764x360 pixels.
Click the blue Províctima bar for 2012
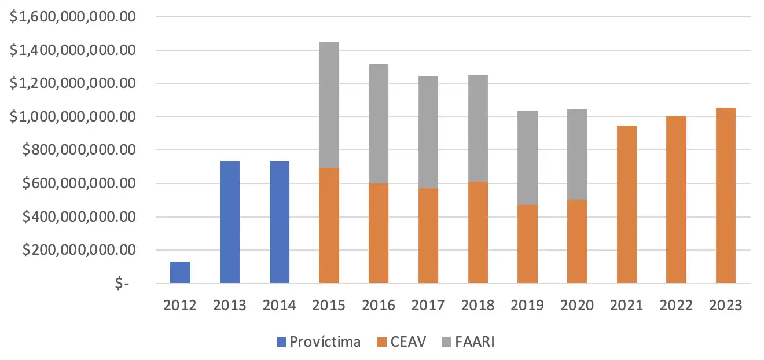pos(180,273)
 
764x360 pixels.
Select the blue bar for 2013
pos(230,222)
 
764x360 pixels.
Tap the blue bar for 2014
pos(280,222)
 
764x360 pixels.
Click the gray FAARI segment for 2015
pos(329,105)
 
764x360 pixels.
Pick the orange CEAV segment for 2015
pos(329,226)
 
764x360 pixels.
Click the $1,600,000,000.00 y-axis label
pos(73,17)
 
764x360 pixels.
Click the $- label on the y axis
pos(122,284)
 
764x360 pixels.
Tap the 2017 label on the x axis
pos(428,306)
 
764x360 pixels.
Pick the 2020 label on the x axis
pos(577,306)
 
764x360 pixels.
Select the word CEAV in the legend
pos(409,342)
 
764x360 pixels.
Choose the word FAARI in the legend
pos(475,342)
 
